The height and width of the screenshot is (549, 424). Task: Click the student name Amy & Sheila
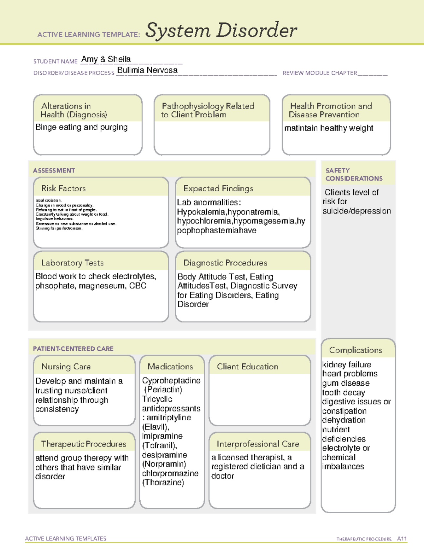tap(106, 59)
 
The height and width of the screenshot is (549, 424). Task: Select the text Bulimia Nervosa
tap(147, 70)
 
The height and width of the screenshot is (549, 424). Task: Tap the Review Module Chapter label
tap(320, 73)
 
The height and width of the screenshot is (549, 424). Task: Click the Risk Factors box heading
tap(64, 188)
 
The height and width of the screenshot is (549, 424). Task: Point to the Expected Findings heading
tap(218, 188)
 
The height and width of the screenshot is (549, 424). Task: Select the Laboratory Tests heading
tap(72, 263)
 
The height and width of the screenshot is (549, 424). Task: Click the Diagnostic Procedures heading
tap(225, 263)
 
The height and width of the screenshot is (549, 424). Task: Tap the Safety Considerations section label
tap(354, 174)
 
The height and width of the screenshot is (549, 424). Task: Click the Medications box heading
tap(170, 367)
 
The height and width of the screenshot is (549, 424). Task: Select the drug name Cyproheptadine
tap(171, 380)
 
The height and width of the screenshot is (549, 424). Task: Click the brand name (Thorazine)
tap(163, 483)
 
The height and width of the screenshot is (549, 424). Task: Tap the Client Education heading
tap(247, 367)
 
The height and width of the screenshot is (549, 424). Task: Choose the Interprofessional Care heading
tap(258, 444)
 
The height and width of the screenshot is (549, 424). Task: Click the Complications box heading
tap(355, 350)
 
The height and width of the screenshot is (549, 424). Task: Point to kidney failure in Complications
tap(347, 364)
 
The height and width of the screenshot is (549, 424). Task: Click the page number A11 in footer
tap(402, 538)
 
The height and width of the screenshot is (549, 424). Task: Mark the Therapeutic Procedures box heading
tap(83, 444)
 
